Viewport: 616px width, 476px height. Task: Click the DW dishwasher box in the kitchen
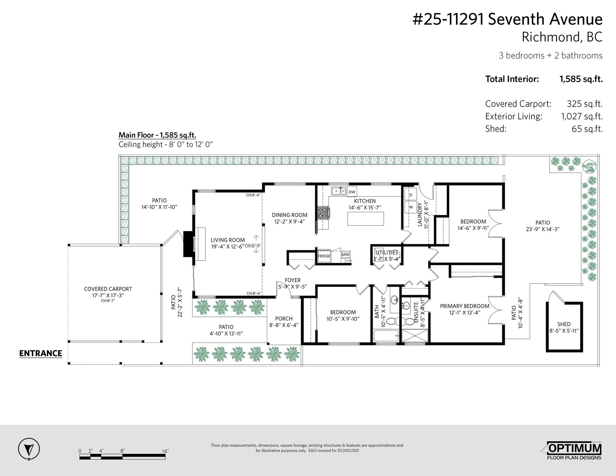click(x=352, y=192)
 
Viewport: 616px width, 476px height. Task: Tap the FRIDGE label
click(x=324, y=256)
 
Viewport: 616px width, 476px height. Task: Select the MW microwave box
click(x=345, y=255)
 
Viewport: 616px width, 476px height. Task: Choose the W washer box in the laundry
click(x=410, y=207)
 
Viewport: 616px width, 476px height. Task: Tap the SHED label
click(x=564, y=324)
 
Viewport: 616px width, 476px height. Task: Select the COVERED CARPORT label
click(x=108, y=289)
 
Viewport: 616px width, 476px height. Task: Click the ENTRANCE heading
click(x=40, y=353)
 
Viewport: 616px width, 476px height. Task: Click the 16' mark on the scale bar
click(x=165, y=451)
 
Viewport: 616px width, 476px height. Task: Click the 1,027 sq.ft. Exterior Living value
click(x=582, y=116)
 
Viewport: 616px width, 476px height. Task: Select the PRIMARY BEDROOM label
click(x=465, y=306)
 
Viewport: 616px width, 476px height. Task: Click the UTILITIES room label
click(x=387, y=253)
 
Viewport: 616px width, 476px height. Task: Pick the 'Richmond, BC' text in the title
click(x=562, y=37)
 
